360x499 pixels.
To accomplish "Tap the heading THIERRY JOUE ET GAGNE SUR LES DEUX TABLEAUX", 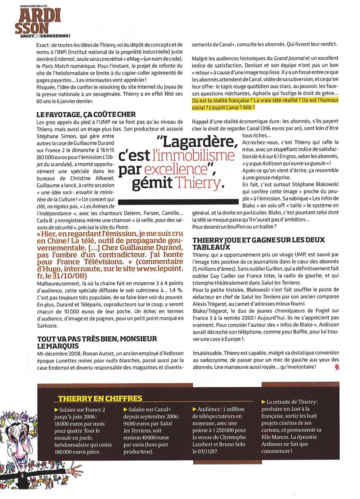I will pyautogui.click(x=260, y=243).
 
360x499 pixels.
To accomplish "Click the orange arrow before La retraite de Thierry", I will pyautogui.click(x=263, y=403).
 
